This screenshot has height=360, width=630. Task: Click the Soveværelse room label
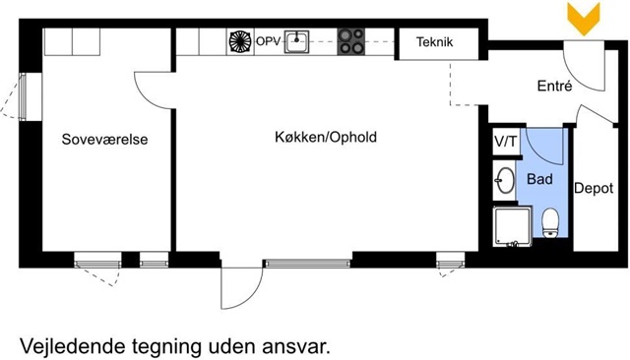[x=105, y=140]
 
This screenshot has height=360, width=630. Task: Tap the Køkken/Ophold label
[x=326, y=138]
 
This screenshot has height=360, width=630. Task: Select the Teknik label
[x=435, y=41]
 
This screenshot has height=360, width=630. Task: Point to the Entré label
[x=554, y=86]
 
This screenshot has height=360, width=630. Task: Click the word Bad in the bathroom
[x=539, y=179]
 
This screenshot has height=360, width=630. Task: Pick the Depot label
[x=594, y=188]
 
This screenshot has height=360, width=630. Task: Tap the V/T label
[x=506, y=142]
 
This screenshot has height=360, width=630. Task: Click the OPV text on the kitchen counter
[x=268, y=41]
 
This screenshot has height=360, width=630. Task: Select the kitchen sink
[x=296, y=41]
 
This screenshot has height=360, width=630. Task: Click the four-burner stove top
[x=350, y=41]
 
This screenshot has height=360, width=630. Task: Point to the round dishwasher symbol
[x=240, y=41]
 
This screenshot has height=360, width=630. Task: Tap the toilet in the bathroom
[x=550, y=223]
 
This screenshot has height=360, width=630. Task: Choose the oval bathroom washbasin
[x=505, y=181]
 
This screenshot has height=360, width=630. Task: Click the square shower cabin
[x=513, y=227]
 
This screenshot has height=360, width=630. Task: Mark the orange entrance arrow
[x=584, y=19]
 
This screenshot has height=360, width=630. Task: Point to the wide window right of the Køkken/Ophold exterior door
[x=307, y=264]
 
